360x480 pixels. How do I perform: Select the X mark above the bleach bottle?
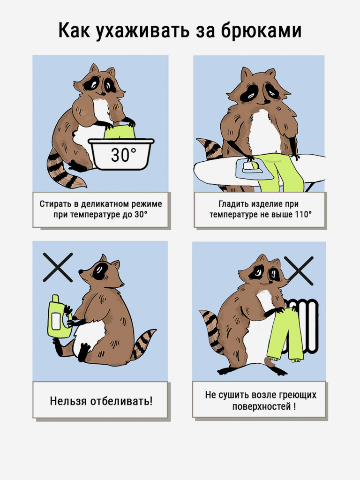pyautogui.click(x=58, y=267)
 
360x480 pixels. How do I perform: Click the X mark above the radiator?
pyautogui.click(x=299, y=270)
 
